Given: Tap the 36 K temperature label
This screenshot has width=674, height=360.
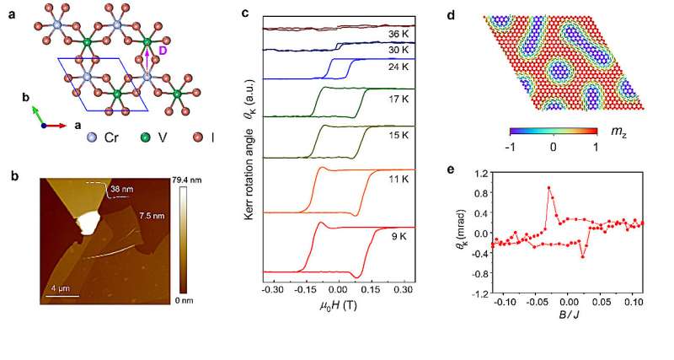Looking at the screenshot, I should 400,35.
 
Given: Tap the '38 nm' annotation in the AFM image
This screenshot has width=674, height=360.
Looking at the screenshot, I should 121,190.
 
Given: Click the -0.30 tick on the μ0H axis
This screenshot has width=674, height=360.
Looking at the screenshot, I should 272,288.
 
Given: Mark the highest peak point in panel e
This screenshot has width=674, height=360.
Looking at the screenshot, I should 548,187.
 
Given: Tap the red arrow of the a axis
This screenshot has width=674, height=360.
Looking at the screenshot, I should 57,125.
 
